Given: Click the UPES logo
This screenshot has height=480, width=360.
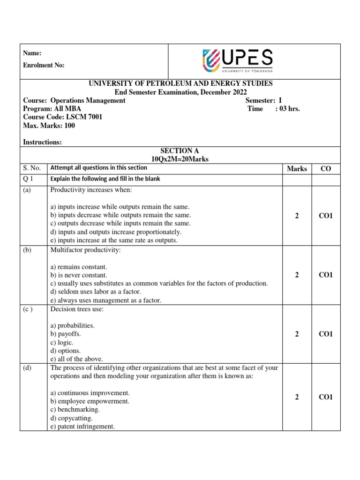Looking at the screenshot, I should click(237, 61).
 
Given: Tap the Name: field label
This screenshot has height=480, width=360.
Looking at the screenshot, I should click(32, 53).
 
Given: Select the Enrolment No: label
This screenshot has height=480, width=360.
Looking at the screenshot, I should click(44, 65).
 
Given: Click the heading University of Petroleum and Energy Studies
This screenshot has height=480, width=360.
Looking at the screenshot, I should click(180, 83).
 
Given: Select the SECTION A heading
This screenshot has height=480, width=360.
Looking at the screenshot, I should click(180, 151).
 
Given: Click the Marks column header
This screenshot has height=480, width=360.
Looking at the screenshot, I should click(297, 169).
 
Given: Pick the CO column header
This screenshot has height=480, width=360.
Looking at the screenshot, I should click(325, 169).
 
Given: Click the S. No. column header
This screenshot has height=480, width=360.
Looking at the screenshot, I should click(32, 168).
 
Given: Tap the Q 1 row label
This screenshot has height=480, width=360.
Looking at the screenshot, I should click(29, 179).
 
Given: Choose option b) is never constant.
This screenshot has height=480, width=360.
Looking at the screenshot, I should click(79, 275).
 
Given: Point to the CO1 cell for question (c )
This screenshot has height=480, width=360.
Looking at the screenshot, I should click(325, 334).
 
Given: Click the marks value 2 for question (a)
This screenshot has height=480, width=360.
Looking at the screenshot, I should click(297, 216).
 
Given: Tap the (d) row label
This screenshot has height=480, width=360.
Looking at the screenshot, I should click(27, 368).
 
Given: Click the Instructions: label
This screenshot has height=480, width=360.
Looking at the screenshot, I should click(42, 142).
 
